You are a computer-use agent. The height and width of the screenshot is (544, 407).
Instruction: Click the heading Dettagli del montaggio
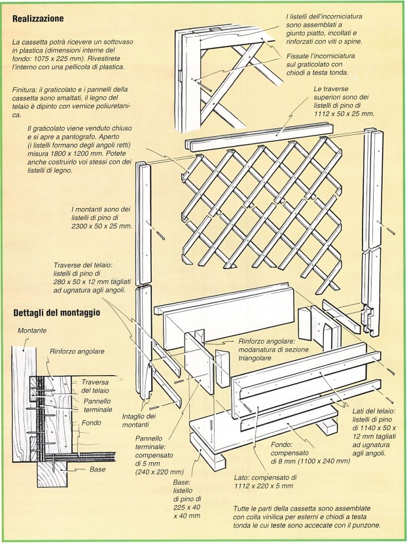(x=57, y=312)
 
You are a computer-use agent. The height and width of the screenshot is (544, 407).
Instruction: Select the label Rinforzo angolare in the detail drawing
(x=78, y=352)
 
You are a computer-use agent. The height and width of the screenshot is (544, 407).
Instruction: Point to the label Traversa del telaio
(x=96, y=386)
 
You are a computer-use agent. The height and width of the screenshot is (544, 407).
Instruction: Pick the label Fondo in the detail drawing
(x=92, y=423)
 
